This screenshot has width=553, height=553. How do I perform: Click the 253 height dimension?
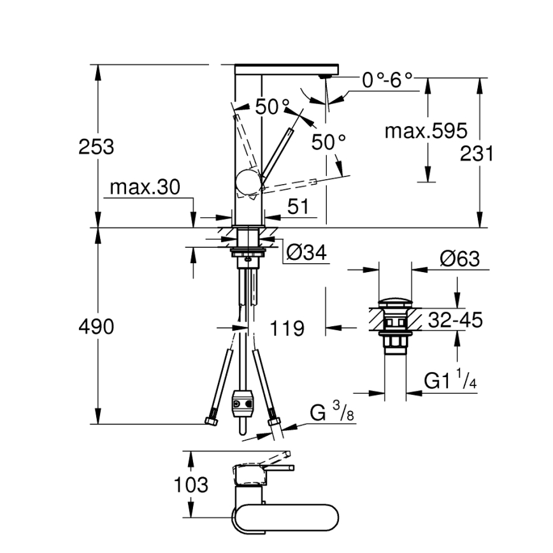click(96, 147)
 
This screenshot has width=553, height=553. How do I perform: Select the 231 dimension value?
click(478, 154)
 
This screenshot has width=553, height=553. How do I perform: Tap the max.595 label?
click(426, 131)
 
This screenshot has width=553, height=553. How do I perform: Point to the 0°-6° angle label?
click(387, 80)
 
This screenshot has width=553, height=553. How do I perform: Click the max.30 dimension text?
click(145, 187)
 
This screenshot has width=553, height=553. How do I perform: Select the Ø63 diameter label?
click(458, 259)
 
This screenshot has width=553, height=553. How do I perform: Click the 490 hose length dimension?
click(96, 327)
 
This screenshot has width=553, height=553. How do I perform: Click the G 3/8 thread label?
click(332, 413)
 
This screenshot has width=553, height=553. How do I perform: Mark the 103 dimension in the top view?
click(191, 485)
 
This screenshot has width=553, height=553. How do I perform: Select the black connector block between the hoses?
click(242, 401)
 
